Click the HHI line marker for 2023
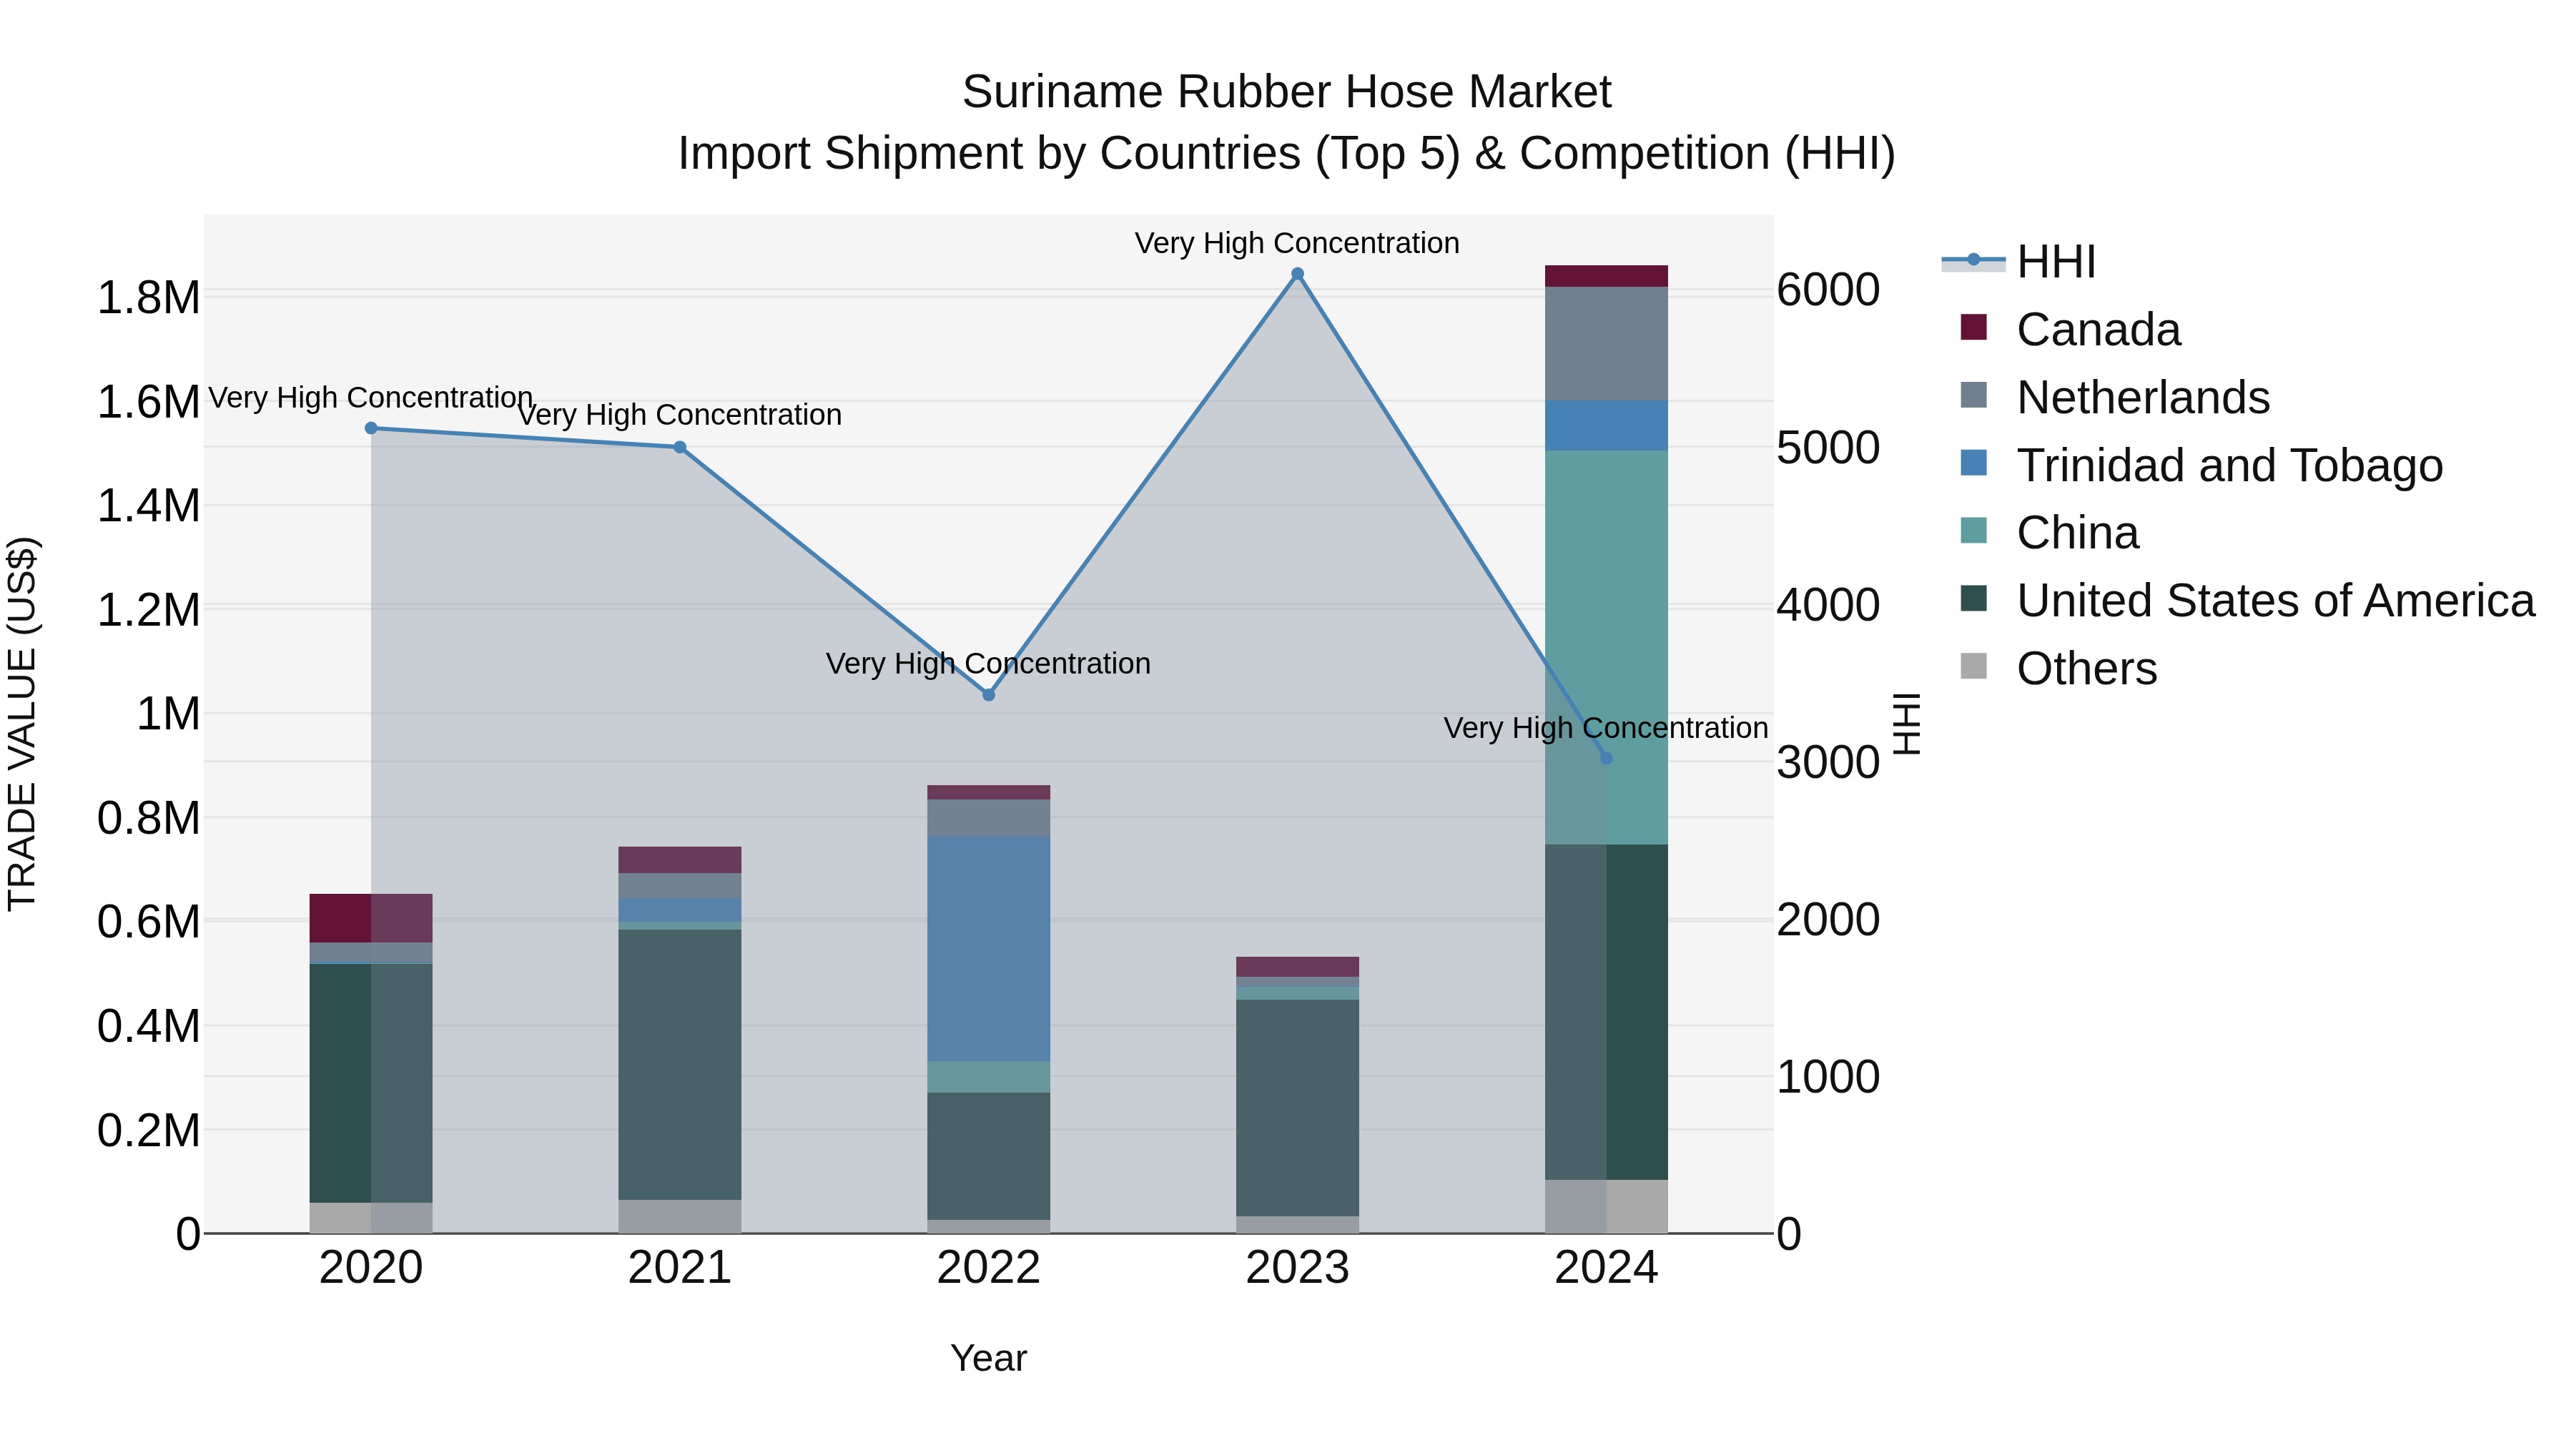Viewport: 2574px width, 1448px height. click(1297, 274)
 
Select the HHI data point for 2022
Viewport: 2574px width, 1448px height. click(988, 694)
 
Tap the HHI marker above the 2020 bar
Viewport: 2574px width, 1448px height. click(370, 428)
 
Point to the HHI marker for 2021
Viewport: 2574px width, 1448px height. click(679, 447)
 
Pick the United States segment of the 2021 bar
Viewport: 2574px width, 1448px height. click(679, 1063)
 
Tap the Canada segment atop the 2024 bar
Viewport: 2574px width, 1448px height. click(1606, 276)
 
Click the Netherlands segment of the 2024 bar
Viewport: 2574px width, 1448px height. click(1606, 344)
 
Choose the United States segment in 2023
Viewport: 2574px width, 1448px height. click(1297, 1107)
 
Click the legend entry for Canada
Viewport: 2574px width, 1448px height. click(2097, 330)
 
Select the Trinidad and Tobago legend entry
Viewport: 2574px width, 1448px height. click(2228, 466)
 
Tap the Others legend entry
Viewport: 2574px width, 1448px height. click(2086, 669)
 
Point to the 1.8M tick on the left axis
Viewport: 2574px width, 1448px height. click(148, 297)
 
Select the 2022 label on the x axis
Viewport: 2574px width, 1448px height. click(988, 1268)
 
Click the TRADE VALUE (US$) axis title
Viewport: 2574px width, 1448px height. click(22, 724)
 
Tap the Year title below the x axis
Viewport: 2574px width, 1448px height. click(988, 1358)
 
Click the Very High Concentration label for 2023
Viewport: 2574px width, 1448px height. click(1297, 243)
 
